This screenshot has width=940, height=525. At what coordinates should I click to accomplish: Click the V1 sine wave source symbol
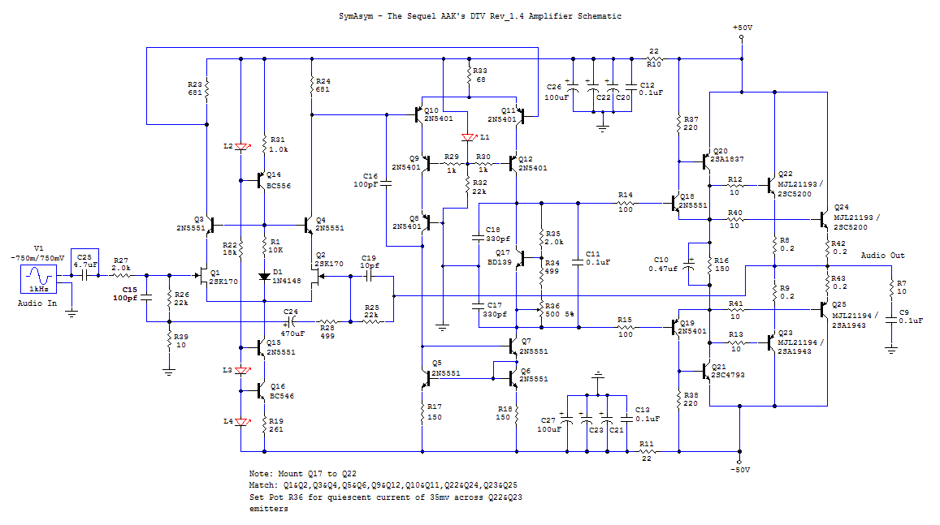point(39,279)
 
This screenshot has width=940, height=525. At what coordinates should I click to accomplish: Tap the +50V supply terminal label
point(742,28)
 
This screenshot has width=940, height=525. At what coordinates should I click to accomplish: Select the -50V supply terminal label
point(740,470)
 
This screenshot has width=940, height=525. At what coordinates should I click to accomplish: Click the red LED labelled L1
point(469,138)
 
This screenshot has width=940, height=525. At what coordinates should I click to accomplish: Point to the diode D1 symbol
point(264,277)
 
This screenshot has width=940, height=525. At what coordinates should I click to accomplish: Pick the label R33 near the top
point(479,71)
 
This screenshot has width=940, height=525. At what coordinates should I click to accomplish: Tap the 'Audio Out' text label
point(882,256)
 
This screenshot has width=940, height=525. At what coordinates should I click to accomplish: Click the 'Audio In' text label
point(37,303)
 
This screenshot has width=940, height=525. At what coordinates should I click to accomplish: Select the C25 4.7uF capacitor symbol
point(84,275)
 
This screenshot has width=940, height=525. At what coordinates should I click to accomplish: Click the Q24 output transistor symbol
point(825,220)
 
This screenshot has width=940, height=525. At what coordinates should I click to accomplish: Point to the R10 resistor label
point(653,64)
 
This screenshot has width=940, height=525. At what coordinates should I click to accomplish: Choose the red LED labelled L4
point(242,422)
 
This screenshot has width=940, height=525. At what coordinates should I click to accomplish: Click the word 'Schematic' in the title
point(600,16)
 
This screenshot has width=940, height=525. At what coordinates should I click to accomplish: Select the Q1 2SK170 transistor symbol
point(201,275)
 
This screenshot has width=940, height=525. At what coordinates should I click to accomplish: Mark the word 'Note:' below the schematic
point(261,474)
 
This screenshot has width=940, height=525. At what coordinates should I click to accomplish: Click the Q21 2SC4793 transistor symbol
point(705,372)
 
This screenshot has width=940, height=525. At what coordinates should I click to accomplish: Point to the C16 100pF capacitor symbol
point(386,184)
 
